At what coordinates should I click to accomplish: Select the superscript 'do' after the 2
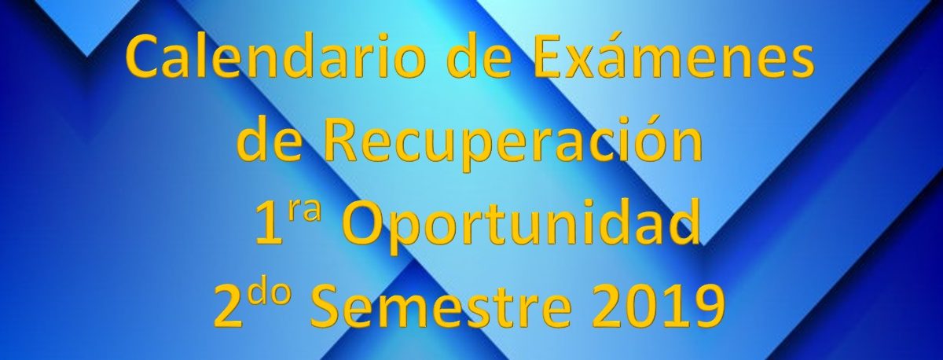(269, 290)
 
